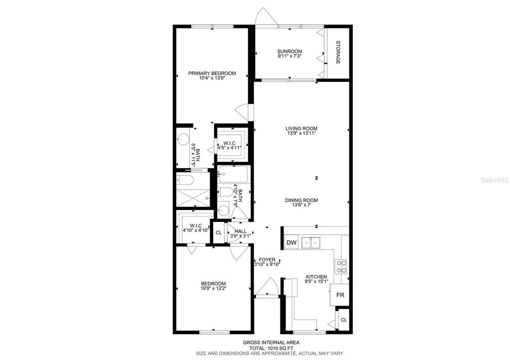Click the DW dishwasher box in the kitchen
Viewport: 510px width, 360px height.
pyautogui.click(x=292, y=242)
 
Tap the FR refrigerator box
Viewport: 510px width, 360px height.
pyautogui.click(x=341, y=295)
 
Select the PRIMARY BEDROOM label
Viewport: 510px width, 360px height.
pyautogui.click(x=212, y=73)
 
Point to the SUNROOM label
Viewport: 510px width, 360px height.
pyautogui.click(x=289, y=51)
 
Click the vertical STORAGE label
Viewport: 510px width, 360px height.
pyautogui.click(x=338, y=52)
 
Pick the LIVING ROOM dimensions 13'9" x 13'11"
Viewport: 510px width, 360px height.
pyautogui.click(x=302, y=133)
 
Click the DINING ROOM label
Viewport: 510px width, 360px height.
pyautogui.click(x=301, y=200)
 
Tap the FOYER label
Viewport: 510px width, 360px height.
pyautogui.click(x=266, y=260)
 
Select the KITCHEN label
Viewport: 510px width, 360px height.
pyautogui.click(x=316, y=277)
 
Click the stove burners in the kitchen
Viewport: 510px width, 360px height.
pyautogui.click(x=342, y=267)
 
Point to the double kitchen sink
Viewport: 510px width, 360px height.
pyautogui.click(x=311, y=242)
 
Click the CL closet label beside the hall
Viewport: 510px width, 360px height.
pyautogui.click(x=218, y=233)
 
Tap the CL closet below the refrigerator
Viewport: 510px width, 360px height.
pyautogui.click(x=343, y=320)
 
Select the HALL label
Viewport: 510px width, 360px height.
pyautogui.click(x=241, y=231)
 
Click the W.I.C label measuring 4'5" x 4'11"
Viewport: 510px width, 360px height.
pyautogui.click(x=229, y=143)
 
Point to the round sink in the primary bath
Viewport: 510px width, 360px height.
pyautogui.click(x=183, y=139)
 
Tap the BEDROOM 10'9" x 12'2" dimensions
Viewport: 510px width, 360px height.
pyautogui.click(x=213, y=288)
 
